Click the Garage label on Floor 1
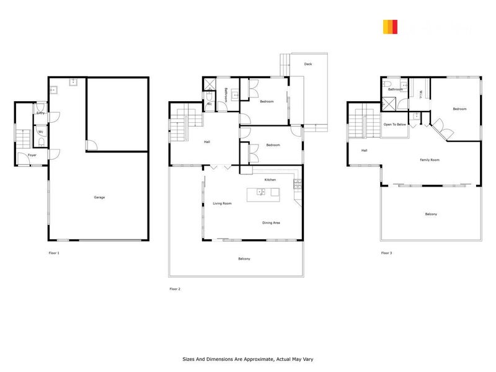pyautogui.click(x=99, y=197)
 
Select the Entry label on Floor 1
pyautogui.click(x=40, y=113)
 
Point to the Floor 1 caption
pyautogui.click(x=54, y=253)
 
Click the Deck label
pyautogui.click(x=308, y=64)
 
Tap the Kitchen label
pyautogui.click(x=270, y=179)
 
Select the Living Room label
pyautogui.click(x=222, y=203)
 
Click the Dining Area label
pyautogui.click(x=271, y=222)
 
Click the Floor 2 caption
pyautogui.click(x=175, y=288)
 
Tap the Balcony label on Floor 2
pyautogui.click(x=244, y=258)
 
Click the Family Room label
pyautogui.click(x=429, y=160)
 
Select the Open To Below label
pyautogui.click(x=395, y=125)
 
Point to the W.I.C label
pyautogui.click(x=421, y=94)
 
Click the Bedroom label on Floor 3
pyautogui.click(x=459, y=109)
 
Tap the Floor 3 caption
pyautogui.click(x=387, y=253)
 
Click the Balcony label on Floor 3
pyautogui.click(x=430, y=214)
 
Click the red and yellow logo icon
pyautogui.click(x=390, y=27)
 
